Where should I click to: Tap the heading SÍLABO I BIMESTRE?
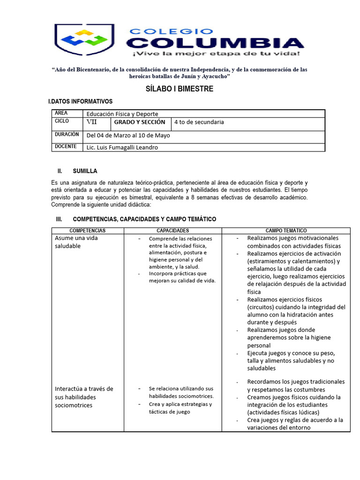180,89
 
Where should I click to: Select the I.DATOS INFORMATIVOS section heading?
80,101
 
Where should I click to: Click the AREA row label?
61,113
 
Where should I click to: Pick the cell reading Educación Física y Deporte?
122,114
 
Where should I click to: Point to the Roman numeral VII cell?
91,122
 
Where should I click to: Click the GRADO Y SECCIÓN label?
140,122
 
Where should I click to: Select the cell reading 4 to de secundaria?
199,122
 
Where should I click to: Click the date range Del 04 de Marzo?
128,135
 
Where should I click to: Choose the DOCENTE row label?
66,146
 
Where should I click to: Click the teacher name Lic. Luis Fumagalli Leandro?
122,147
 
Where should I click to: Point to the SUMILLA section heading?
85,171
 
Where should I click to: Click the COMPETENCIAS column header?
88,231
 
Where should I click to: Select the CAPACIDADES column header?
172,231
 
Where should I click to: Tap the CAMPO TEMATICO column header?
286,231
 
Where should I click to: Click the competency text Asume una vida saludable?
77,242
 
